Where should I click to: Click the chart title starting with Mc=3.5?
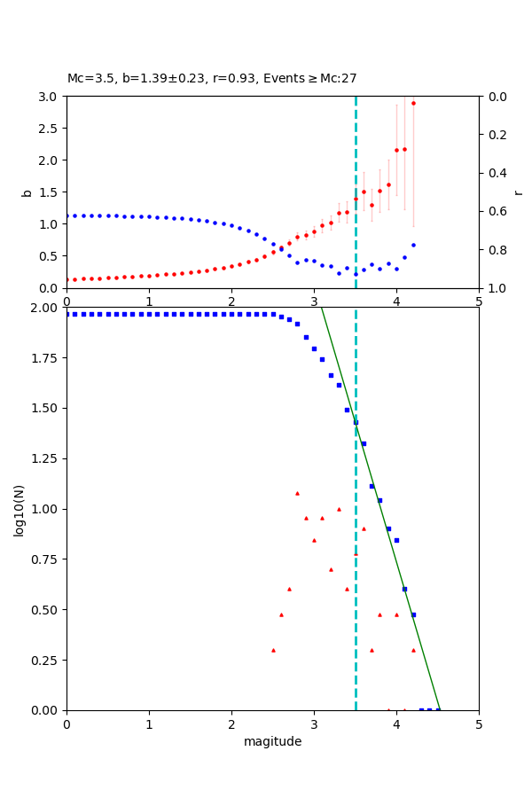(212, 78)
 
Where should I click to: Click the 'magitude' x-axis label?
(272, 741)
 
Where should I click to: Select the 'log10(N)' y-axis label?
(19, 509)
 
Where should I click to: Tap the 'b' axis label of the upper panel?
(27, 192)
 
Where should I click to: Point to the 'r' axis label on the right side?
(518, 192)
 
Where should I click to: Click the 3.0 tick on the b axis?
(51, 96)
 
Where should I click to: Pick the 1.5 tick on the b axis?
(51, 192)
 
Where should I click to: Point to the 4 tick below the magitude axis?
(396, 722)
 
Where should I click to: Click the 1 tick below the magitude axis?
(149, 722)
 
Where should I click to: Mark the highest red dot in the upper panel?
(413, 103)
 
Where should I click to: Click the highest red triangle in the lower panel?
(297, 493)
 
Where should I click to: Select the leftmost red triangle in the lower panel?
(273, 650)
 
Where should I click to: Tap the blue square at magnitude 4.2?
(413, 614)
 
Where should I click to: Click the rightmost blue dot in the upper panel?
(413, 245)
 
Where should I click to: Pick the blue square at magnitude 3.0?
(314, 348)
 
